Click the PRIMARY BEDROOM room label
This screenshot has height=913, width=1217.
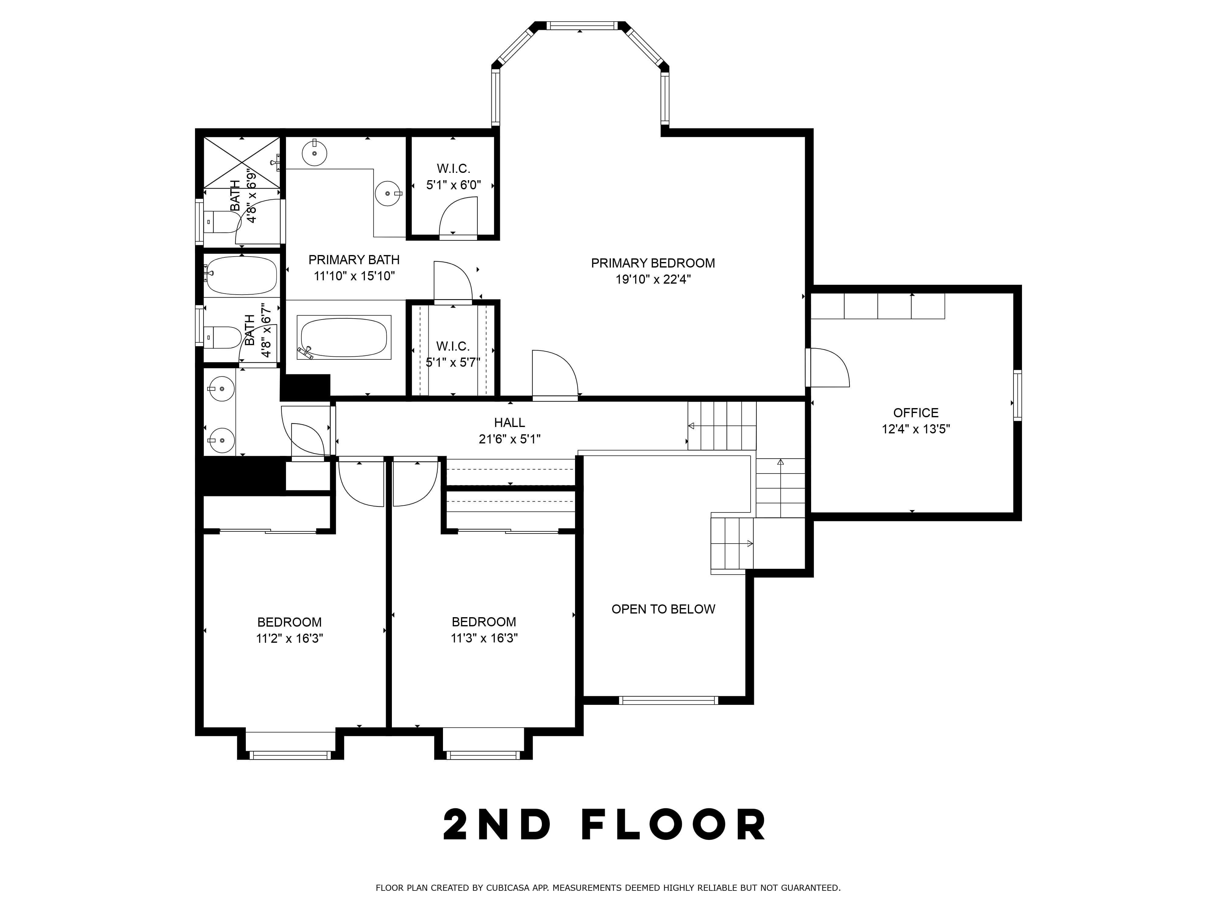(x=653, y=263)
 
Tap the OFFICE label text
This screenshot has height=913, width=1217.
(x=915, y=413)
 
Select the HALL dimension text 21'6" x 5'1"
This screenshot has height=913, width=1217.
(x=510, y=439)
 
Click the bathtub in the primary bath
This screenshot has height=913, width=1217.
(x=344, y=337)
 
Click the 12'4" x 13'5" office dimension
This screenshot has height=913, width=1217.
(x=915, y=429)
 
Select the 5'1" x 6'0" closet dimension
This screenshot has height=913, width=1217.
(x=453, y=185)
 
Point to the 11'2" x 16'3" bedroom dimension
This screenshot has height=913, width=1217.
(x=289, y=638)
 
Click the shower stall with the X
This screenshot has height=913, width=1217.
(x=242, y=162)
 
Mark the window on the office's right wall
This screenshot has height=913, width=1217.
(x=1018, y=396)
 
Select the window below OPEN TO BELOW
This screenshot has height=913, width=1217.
(x=668, y=701)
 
